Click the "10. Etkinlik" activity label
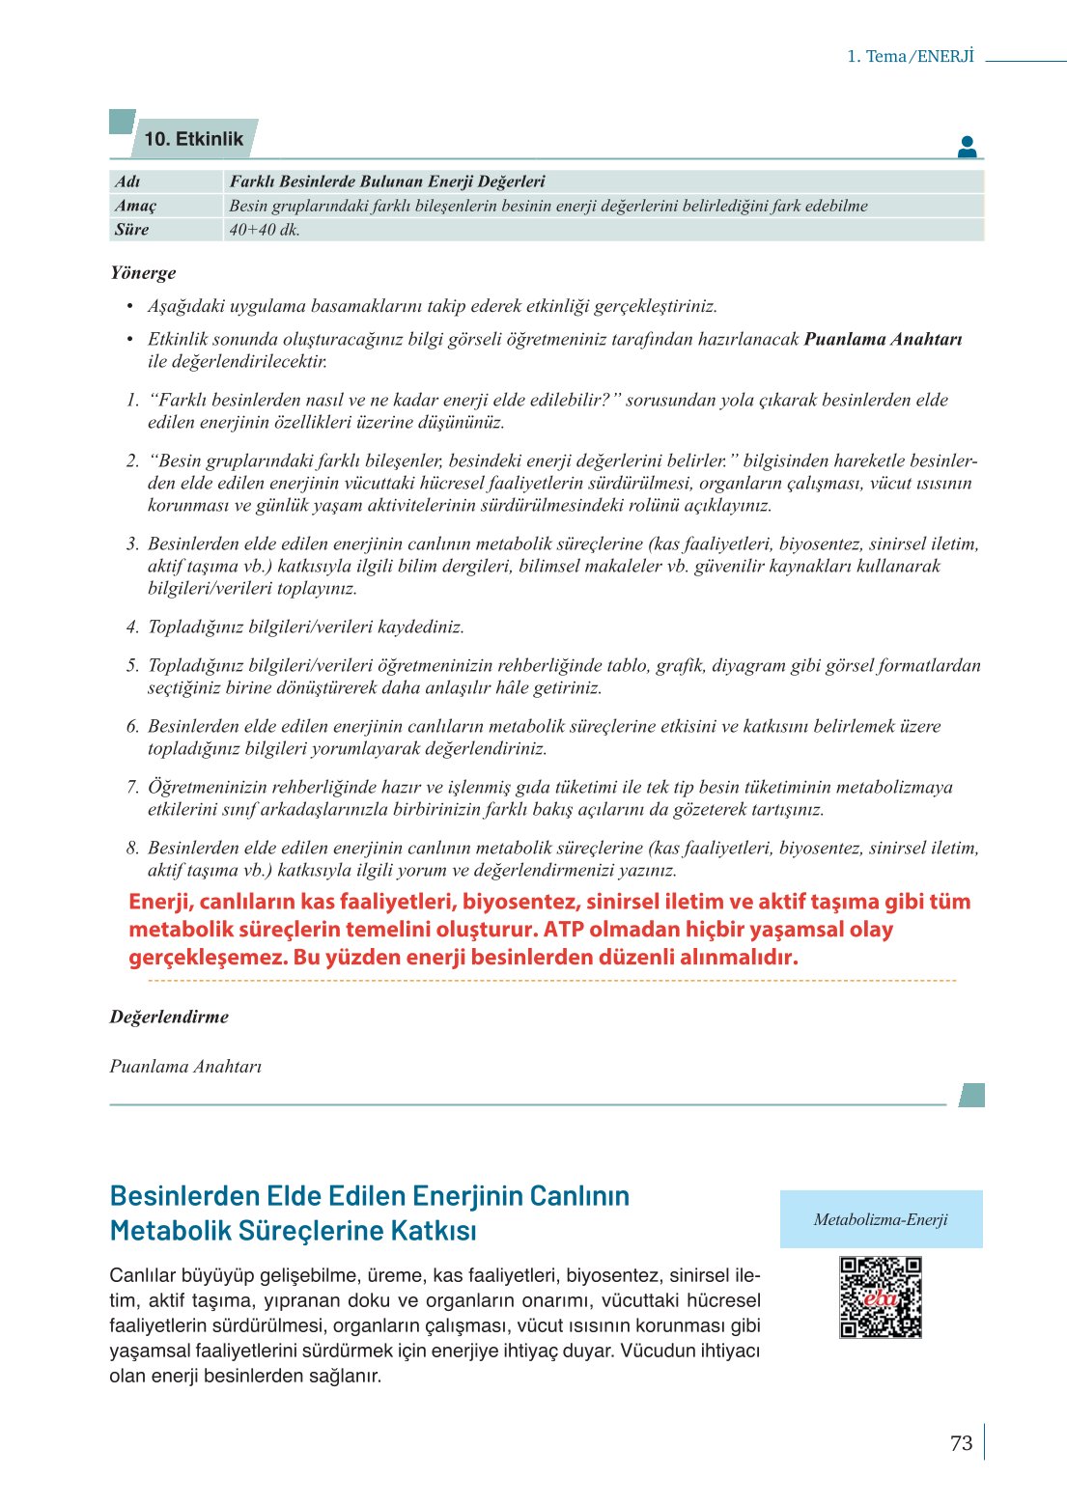click(x=193, y=139)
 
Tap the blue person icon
click(x=967, y=147)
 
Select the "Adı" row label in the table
click(x=127, y=181)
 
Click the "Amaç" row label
click(x=135, y=206)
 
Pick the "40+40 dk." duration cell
click(x=265, y=230)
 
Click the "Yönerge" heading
click(x=143, y=272)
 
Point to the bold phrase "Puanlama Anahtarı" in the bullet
click(x=883, y=339)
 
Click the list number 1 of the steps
click(x=133, y=400)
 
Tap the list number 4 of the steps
click(x=133, y=627)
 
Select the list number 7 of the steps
click(x=133, y=787)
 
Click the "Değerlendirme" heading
click(x=169, y=1017)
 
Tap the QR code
click(x=881, y=1296)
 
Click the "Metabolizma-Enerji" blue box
click(x=881, y=1219)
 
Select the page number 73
click(x=961, y=1443)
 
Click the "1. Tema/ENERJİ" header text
click(x=911, y=56)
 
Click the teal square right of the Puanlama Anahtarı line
click(x=972, y=1095)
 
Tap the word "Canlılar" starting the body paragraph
click(x=142, y=1275)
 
